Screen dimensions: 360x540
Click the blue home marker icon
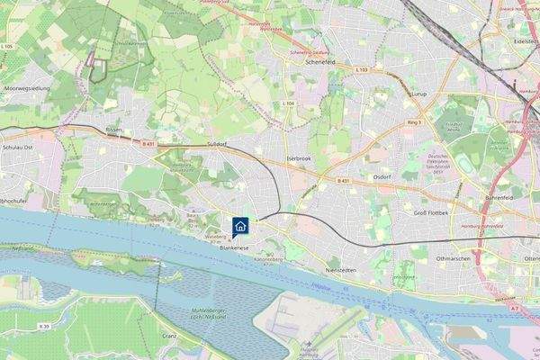coord(241,226)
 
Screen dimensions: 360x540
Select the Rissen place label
coord(113,130)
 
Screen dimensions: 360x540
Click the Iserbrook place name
coord(298,157)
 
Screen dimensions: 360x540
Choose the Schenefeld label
coord(321,63)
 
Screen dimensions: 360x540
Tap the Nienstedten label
coord(341,269)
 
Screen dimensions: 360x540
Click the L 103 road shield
coord(362,69)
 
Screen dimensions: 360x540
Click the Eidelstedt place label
coord(524,40)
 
